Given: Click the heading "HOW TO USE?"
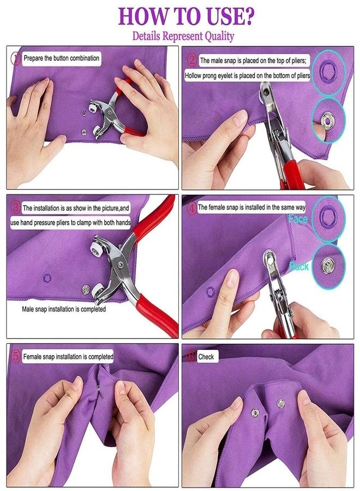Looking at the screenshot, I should [x=186, y=16].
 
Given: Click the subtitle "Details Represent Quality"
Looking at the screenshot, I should [x=183, y=37].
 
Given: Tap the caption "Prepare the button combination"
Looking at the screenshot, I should [x=61, y=58].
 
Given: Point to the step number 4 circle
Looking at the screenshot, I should [x=190, y=207].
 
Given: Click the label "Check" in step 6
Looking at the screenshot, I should [x=206, y=357].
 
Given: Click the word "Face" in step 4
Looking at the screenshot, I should [x=298, y=219].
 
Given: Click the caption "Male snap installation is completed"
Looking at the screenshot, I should [x=64, y=309].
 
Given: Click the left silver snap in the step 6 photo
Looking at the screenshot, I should [x=255, y=412].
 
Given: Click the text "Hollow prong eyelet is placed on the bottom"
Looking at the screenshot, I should [x=247, y=76].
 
